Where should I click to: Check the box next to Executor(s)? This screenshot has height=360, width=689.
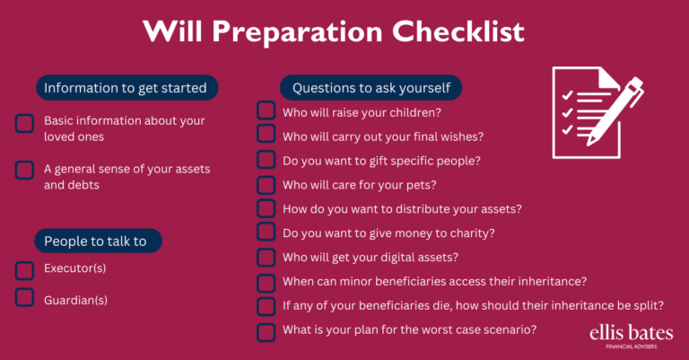[x=25, y=269]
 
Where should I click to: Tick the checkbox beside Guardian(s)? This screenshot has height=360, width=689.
[x=25, y=298]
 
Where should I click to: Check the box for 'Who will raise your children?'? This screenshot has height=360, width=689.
[x=266, y=111]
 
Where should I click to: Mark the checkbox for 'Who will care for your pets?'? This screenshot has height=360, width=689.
[x=266, y=185]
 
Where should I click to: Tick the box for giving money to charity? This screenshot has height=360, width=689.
[x=266, y=233]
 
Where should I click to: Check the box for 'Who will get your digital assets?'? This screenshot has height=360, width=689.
[x=266, y=258]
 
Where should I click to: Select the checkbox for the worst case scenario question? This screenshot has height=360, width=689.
[x=266, y=331]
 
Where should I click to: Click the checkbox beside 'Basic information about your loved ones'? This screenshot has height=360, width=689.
[x=25, y=123]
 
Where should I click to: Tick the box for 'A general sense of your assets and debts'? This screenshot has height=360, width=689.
[x=25, y=169]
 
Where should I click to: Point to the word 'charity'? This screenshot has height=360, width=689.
[x=471, y=233]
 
